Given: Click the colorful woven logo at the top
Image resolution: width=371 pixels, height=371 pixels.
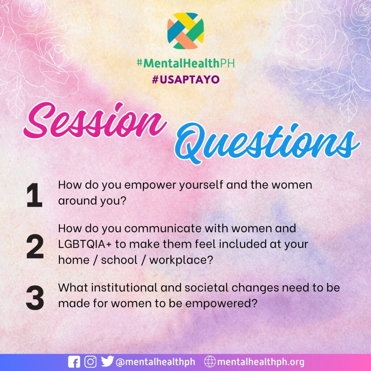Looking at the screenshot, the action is click(x=185, y=31).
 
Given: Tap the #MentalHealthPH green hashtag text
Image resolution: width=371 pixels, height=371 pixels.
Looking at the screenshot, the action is click(x=186, y=63).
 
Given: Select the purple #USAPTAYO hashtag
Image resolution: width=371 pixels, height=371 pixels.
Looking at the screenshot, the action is click(x=186, y=79).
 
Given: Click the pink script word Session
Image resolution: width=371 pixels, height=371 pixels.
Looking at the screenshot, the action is click(x=95, y=121).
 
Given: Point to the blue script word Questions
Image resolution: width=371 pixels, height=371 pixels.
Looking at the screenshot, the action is click(x=267, y=143).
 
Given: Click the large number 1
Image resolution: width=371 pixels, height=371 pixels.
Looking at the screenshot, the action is click(x=34, y=195).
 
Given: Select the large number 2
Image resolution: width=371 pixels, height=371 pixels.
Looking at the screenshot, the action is click(x=35, y=246).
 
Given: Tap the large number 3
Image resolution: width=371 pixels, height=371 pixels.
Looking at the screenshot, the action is click(x=35, y=298).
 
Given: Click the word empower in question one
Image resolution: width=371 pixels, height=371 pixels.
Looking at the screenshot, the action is click(x=150, y=185).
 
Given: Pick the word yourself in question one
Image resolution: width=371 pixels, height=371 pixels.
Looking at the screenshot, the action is click(x=201, y=185).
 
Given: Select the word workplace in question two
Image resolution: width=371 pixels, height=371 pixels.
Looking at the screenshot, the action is click(x=181, y=260).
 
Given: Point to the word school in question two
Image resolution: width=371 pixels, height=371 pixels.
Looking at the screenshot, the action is click(x=119, y=260).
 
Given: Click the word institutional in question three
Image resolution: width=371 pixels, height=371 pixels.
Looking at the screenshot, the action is click(x=125, y=288).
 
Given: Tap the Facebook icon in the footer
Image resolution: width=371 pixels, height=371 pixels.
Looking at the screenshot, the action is click(x=74, y=362).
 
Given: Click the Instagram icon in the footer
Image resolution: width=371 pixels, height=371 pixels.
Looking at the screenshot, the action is click(x=90, y=362).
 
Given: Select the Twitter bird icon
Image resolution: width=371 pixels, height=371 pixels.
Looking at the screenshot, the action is click(x=107, y=361).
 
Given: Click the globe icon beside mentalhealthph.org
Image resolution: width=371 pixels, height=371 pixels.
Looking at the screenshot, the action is click(x=210, y=362).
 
